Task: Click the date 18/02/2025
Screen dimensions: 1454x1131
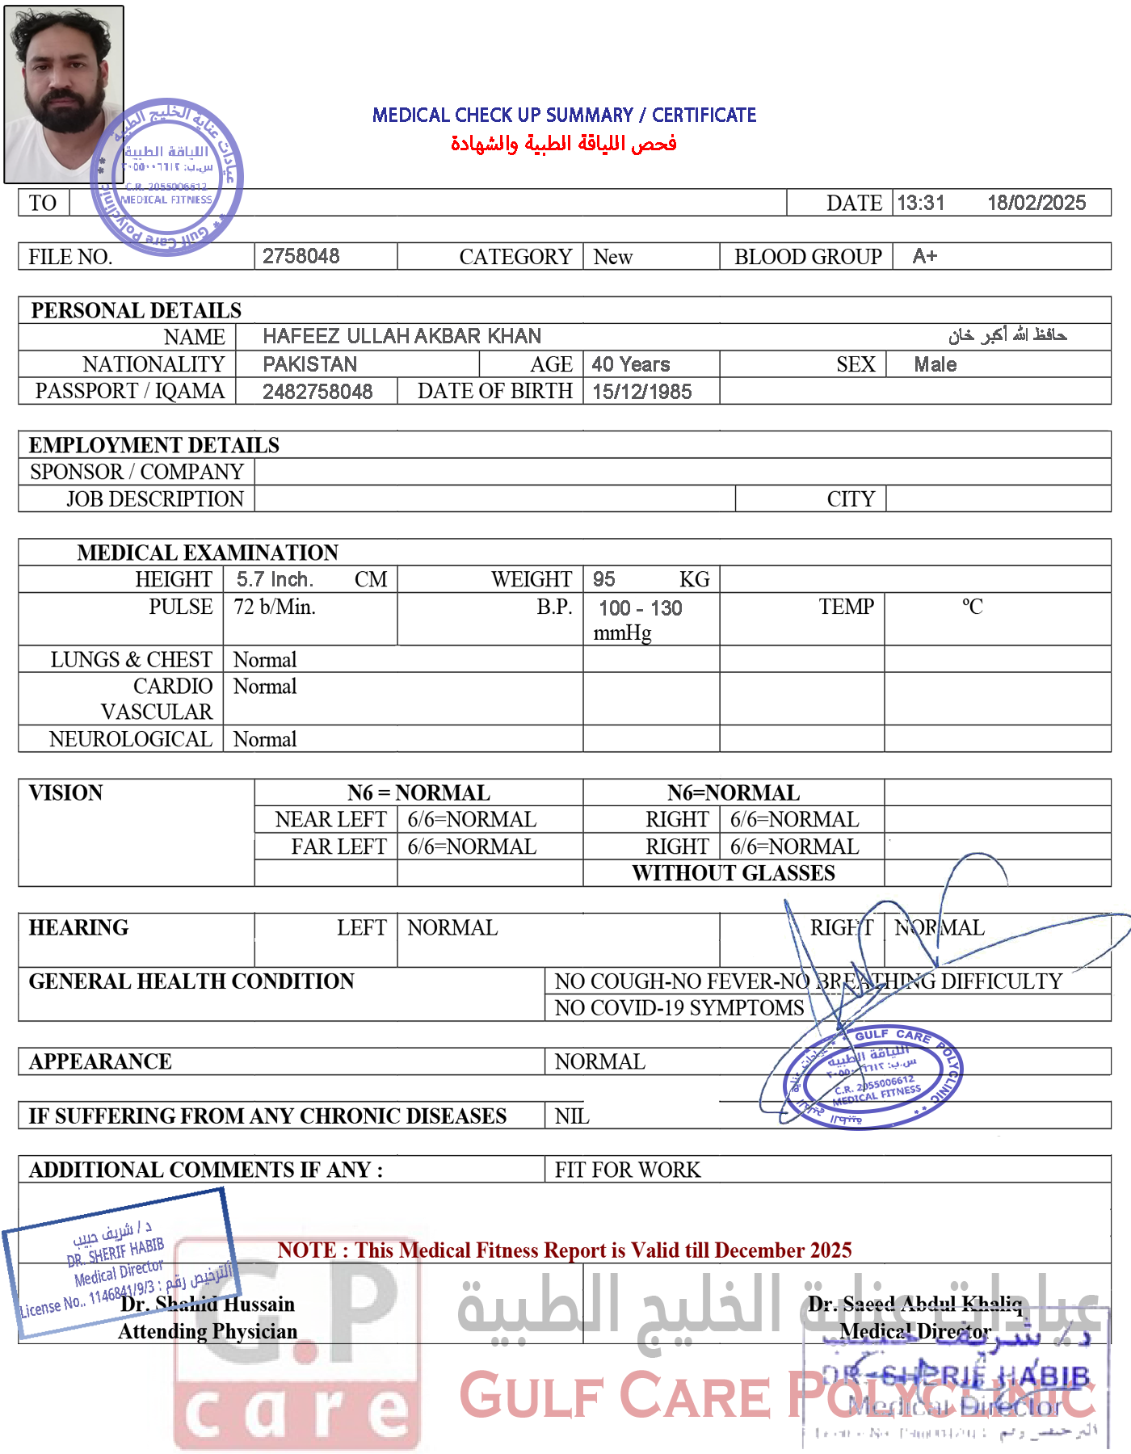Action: [x=1037, y=203]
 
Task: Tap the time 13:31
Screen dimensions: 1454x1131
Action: [x=921, y=203]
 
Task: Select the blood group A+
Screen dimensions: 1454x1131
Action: [x=925, y=256]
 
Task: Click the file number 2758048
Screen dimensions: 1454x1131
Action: [x=301, y=256]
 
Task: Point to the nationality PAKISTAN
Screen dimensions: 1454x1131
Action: [x=310, y=364]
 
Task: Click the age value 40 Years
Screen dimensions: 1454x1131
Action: [x=631, y=364]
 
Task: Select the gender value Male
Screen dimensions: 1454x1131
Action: [x=935, y=364]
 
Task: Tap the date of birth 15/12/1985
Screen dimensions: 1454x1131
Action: [x=642, y=392]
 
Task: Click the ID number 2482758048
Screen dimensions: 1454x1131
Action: [x=317, y=392]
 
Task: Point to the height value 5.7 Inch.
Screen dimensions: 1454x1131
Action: [x=275, y=579]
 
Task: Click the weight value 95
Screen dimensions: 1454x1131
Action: [x=603, y=579]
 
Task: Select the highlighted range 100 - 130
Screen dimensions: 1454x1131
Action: [x=640, y=607]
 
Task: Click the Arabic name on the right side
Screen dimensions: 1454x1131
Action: [x=1007, y=334]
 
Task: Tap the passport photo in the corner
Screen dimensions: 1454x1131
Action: [x=63, y=94]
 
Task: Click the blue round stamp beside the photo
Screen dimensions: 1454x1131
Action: [x=167, y=176]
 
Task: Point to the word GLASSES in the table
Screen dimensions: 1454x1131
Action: [x=793, y=873]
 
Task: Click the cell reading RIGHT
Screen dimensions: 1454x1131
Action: [x=841, y=927]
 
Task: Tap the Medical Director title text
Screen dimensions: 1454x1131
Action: [x=915, y=1331]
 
